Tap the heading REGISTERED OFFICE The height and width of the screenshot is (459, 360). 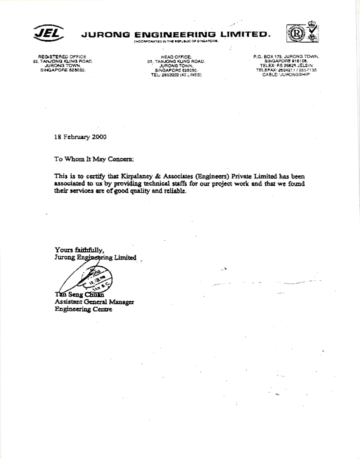click(x=62, y=57)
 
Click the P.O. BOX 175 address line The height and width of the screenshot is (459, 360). click(x=287, y=57)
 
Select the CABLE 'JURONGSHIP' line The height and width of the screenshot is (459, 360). click(x=287, y=74)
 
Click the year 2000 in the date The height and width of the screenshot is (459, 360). click(x=99, y=137)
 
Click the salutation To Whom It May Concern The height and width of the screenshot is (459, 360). click(x=94, y=159)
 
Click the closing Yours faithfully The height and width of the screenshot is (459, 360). click(x=79, y=249)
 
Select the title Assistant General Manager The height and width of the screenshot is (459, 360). click(x=94, y=302)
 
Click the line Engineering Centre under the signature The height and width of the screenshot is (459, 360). click(x=83, y=309)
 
